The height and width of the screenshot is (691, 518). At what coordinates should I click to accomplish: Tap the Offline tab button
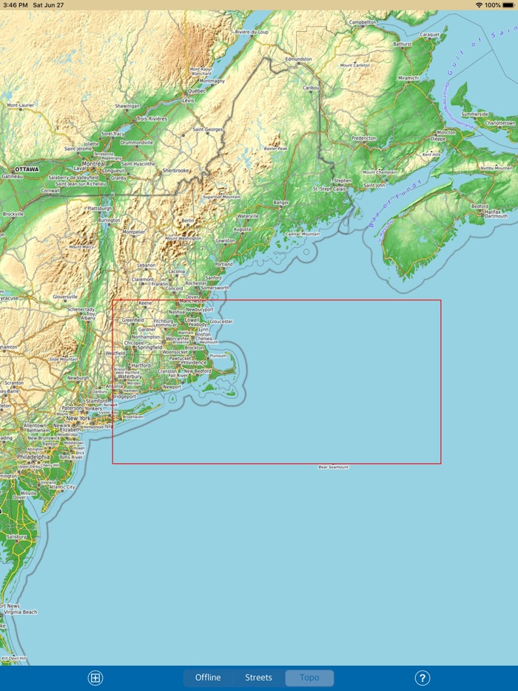[x=208, y=678]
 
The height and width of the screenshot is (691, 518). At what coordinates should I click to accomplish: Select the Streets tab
[x=258, y=678]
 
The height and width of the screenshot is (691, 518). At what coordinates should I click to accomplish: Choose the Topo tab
[x=309, y=678]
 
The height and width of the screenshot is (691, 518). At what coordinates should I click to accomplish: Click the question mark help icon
[x=422, y=678]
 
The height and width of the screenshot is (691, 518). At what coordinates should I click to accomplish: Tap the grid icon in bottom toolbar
[x=95, y=678]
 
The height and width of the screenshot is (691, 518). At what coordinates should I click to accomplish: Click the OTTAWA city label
[x=26, y=169]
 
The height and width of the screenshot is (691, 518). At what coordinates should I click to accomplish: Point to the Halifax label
[x=494, y=212]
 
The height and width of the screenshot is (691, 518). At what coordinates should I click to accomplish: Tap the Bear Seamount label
[x=333, y=468]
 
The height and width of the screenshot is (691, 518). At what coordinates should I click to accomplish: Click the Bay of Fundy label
[x=397, y=202]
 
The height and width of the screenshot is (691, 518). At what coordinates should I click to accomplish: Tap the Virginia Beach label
[x=20, y=613]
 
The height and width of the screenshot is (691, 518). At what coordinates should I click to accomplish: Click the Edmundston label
[x=299, y=58]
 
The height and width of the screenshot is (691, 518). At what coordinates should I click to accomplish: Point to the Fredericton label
[x=363, y=138]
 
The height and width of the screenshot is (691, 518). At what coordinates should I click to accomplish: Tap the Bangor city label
[x=281, y=202]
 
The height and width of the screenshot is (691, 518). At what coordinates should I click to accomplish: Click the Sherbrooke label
[x=176, y=170]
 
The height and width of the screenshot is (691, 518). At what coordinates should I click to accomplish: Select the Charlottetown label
[x=499, y=122]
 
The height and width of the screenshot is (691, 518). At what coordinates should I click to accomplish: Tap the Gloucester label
[x=221, y=322]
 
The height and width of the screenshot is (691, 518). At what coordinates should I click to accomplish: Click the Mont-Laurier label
[x=21, y=105]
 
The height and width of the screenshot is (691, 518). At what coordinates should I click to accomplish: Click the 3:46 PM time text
[x=16, y=4]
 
